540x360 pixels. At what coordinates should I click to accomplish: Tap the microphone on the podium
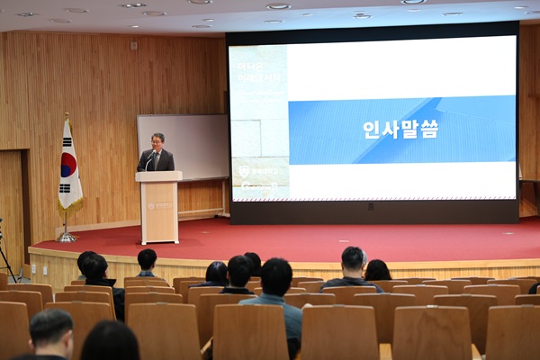tap(148, 159)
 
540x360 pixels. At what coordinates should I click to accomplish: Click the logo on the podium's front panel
tap(158, 206)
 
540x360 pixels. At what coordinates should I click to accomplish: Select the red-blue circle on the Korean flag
tap(68, 165)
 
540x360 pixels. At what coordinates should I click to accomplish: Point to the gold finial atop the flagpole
tap(66, 116)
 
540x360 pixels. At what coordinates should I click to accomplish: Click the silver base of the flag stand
tap(67, 238)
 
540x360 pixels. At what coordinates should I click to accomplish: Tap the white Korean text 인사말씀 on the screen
tap(400, 129)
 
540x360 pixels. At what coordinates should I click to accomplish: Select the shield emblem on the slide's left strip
tap(243, 170)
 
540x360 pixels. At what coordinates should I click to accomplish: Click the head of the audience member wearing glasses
tap(51, 332)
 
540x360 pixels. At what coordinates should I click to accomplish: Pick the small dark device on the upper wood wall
tap(133, 45)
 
